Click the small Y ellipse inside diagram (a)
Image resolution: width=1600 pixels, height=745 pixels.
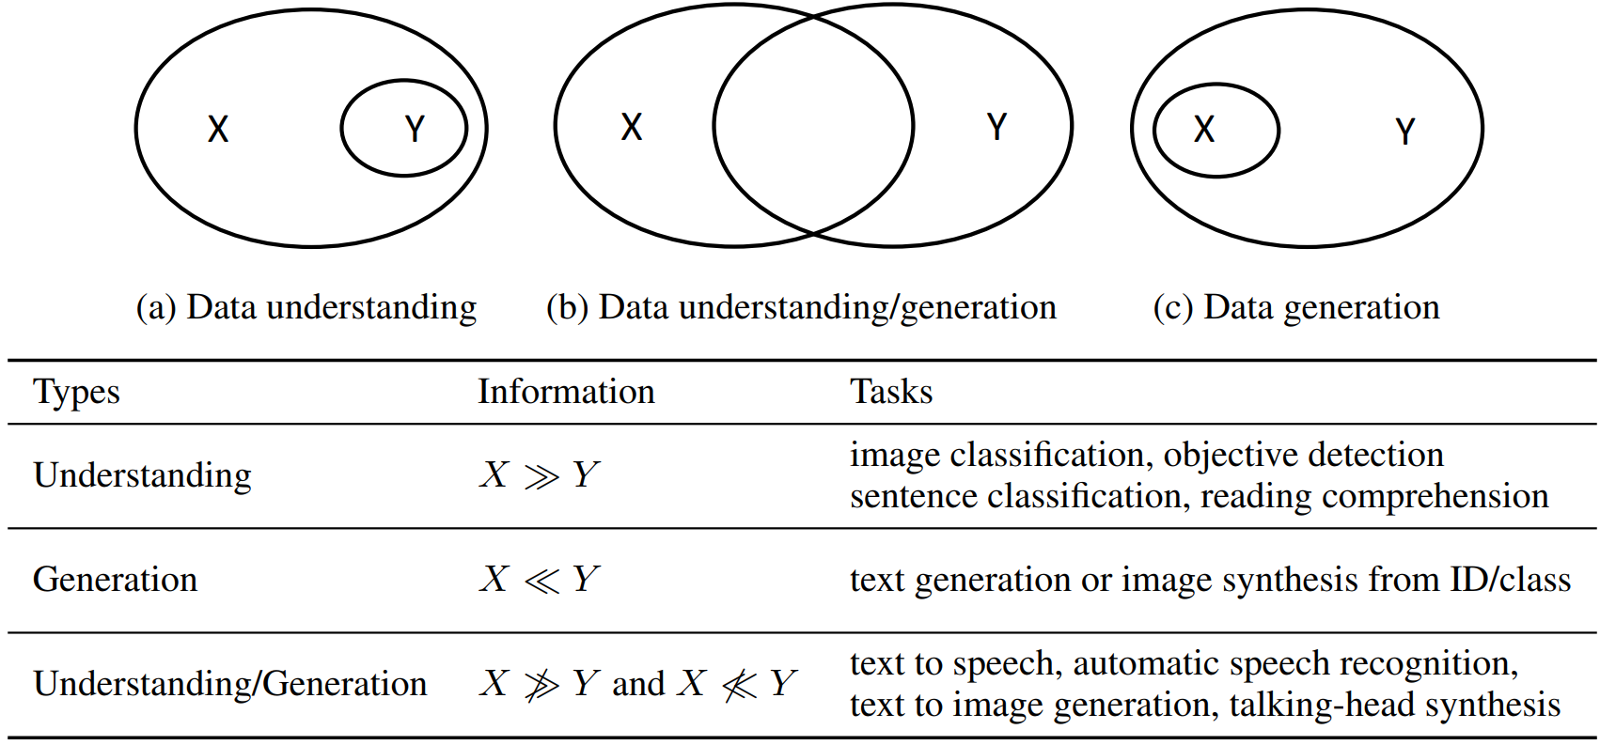coord(403,128)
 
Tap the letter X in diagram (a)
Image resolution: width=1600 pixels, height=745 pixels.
coord(218,129)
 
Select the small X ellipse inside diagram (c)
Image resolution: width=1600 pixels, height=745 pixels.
coord(1216,130)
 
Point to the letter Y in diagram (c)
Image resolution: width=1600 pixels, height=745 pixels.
coord(1405,132)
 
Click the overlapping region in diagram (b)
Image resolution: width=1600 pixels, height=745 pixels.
coord(813,126)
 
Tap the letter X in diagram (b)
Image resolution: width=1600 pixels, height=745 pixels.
coord(632,127)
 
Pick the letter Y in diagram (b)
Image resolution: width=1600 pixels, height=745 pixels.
coord(997,127)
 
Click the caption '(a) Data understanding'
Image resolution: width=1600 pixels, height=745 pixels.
coord(306,307)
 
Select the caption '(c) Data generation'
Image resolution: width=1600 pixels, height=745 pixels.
coord(1296,307)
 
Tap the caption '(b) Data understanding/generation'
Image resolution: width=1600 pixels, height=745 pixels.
coord(801,307)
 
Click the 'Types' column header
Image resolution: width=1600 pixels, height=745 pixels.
coord(77,392)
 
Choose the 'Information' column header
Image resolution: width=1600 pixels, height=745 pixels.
coord(566,392)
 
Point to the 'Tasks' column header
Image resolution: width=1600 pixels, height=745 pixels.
coord(891,392)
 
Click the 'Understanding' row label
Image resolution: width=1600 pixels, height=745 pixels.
coord(143,475)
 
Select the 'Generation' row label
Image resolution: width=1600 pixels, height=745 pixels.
coord(116,580)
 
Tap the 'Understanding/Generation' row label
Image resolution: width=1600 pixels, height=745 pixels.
coord(230,684)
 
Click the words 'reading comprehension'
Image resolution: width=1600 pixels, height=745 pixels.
coord(1374,497)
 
